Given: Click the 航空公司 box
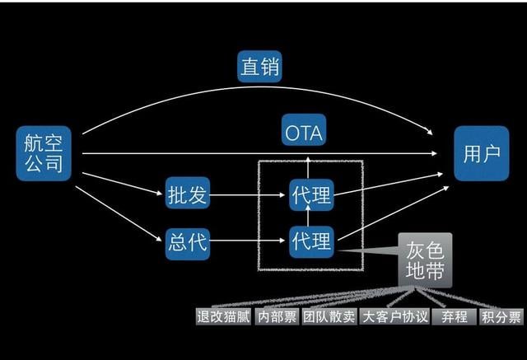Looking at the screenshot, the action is [x=44, y=153].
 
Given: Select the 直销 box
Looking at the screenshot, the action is [x=259, y=66].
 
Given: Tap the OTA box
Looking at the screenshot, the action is [x=304, y=129].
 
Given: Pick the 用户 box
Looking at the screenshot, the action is [x=481, y=153].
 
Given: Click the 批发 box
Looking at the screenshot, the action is [x=188, y=194].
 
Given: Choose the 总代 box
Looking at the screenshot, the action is [x=188, y=241].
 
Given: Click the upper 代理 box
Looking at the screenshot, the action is [x=311, y=195].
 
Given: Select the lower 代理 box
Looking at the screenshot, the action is [x=311, y=242].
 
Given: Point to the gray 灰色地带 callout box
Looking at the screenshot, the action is [x=425, y=260].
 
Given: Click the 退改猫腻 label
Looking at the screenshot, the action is [x=223, y=316].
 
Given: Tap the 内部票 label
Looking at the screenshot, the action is [x=277, y=316].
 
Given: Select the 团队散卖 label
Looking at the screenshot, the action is [x=329, y=316].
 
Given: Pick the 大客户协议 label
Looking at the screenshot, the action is [x=394, y=316].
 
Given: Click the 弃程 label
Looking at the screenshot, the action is [x=454, y=316].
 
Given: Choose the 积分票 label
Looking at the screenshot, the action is [x=501, y=316].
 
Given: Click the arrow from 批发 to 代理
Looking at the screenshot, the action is [x=247, y=194].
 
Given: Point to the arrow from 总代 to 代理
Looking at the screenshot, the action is [x=247, y=241].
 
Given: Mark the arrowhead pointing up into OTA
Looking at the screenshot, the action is [x=308, y=159].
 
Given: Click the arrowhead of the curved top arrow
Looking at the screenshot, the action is [x=429, y=132].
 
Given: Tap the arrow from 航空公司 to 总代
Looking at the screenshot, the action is [x=119, y=213].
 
